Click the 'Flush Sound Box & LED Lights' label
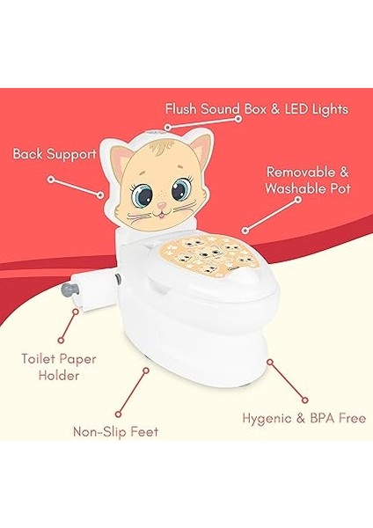257,109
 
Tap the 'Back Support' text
55,154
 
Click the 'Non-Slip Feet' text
115,432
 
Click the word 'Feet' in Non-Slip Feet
147,432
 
